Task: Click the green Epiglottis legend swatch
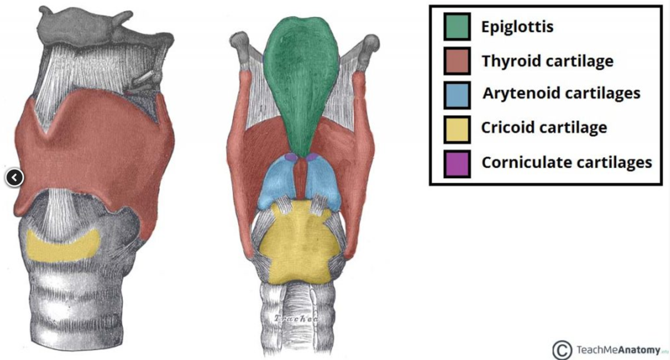(x=457, y=27)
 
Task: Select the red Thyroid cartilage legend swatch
(x=457, y=61)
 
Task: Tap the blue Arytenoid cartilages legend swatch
(x=457, y=95)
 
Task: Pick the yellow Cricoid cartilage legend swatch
(x=457, y=129)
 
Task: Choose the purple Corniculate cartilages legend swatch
(x=457, y=163)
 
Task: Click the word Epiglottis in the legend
(x=517, y=27)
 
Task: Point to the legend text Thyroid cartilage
(x=547, y=61)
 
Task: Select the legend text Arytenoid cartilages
(x=561, y=94)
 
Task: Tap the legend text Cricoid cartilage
(x=544, y=128)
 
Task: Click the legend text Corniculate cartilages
(x=566, y=162)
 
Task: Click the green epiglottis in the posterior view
(x=300, y=80)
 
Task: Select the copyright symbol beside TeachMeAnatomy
(x=563, y=350)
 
